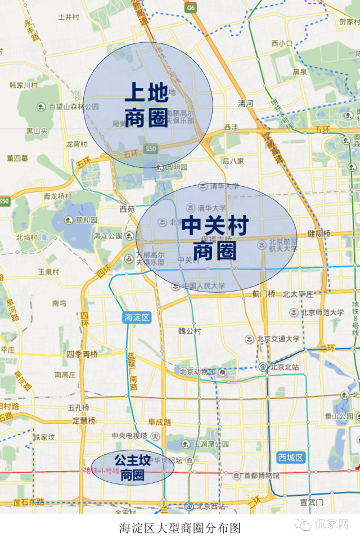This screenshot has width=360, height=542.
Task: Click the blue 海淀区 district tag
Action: tap(137, 317)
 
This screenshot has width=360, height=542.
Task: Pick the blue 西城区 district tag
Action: tap(291, 458)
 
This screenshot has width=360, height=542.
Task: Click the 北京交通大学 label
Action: tap(278, 339)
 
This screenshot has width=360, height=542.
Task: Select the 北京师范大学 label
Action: tap(321, 313)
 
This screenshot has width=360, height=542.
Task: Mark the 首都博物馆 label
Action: tap(261, 476)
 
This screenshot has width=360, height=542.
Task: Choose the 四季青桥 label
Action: tap(82, 354)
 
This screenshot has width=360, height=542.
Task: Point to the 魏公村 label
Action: tap(190, 331)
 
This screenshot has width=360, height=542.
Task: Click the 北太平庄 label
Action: tap(298, 294)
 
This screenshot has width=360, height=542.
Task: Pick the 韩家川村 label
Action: tap(23, 86)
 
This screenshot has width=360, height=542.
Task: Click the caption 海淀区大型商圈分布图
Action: tap(180, 528)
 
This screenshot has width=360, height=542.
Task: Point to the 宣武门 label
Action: tap(311, 502)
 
